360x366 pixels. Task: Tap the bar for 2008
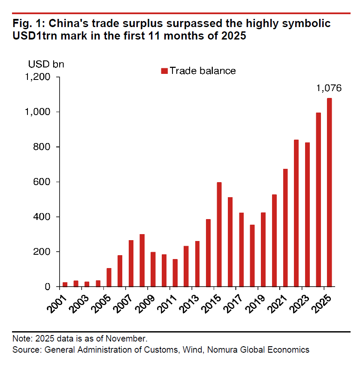click(x=142, y=260)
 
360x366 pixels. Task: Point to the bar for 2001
click(x=65, y=284)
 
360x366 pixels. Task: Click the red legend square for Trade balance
click(x=164, y=71)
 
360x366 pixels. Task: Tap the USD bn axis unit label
click(x=46, y=64)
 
